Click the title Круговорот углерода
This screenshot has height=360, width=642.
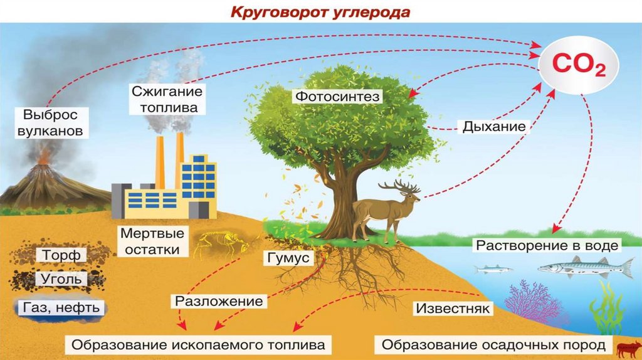pyautogui.click(x=321, y=12)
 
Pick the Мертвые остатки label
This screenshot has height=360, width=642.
pyautogui.click(x=152, y=241)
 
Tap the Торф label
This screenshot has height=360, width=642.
pyautogui.click(x=61, y=255)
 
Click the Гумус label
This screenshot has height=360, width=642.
pyautogui.click(x=288, y=258)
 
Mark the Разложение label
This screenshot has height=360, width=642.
pyautogui.click(x=218, y=301)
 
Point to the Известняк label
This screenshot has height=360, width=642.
pyautogui.click(x=453, y=309)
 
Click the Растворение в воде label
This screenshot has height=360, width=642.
pyautogui.click(x=547, y=245)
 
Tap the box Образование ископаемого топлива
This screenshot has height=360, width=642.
pyautogui.click(x=198, y=345)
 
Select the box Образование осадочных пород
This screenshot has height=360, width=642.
pyautogui.click(x=493, y=345)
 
